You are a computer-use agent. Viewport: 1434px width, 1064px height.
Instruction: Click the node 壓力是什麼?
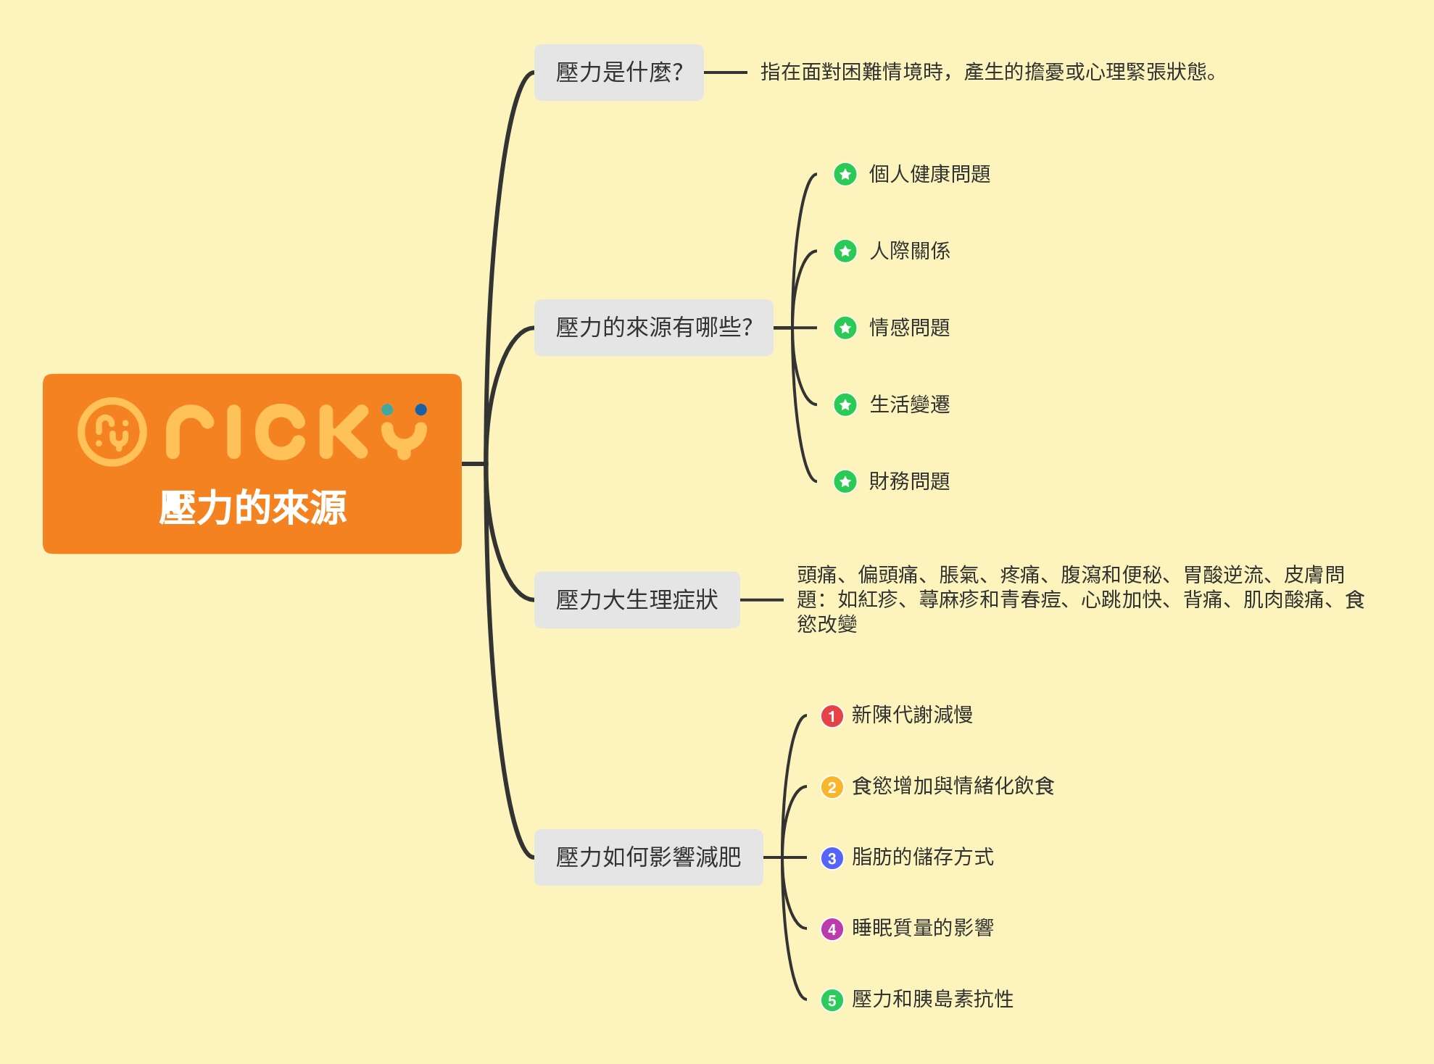(x=618, y=72)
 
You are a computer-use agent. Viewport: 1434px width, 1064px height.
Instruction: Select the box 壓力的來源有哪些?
(x=653, y=328)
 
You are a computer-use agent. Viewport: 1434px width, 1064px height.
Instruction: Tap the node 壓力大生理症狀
(x=637, y=600)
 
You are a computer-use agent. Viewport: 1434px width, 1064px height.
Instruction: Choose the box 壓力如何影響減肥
(x=648, y=857)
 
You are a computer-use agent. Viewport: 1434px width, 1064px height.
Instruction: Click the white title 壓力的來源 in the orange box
(x=252, y=507)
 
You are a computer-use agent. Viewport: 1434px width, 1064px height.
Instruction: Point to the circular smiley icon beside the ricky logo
(x=112, y=431)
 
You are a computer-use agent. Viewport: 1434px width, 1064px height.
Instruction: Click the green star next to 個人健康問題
(x=845, y=174)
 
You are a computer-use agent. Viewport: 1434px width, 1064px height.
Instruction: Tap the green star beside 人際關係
(x=845, y=251)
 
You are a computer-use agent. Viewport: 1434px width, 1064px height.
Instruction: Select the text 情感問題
(x=910, y=328)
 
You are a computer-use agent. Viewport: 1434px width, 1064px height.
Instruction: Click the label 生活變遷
(x=910, y=404)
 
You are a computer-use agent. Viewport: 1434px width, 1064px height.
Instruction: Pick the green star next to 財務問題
(x=845, y=481)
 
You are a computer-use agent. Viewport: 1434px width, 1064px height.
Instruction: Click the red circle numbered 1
(x=832, y=716)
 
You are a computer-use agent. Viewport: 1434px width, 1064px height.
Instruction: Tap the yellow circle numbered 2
(x=832, y=787)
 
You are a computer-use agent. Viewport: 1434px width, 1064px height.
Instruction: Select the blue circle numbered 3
(x=832, y=858)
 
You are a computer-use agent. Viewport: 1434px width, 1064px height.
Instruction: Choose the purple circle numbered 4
(x=832, y=929)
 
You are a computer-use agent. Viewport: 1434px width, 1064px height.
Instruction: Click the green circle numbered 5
(x=832, y=1000)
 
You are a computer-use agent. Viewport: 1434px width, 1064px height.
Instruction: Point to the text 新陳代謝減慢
(x=912, y=715)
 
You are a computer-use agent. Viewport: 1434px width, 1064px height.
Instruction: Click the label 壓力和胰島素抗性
(x=932, y=999)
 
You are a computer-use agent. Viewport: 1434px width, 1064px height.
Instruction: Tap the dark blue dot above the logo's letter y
(x=420, y=410)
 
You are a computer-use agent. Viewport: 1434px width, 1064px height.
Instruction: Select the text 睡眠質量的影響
(x=922, y=928)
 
